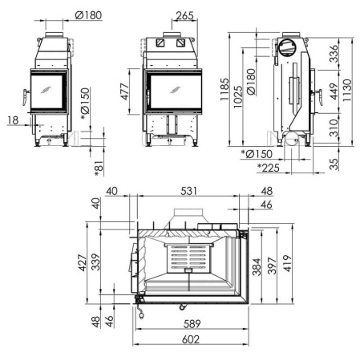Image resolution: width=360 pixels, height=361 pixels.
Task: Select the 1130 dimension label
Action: (347, 85)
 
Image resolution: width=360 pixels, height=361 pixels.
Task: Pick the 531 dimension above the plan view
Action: (189, 191)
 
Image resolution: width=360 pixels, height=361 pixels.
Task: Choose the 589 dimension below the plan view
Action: (189, 324)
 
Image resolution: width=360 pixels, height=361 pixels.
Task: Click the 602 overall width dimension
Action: (189, 339)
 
